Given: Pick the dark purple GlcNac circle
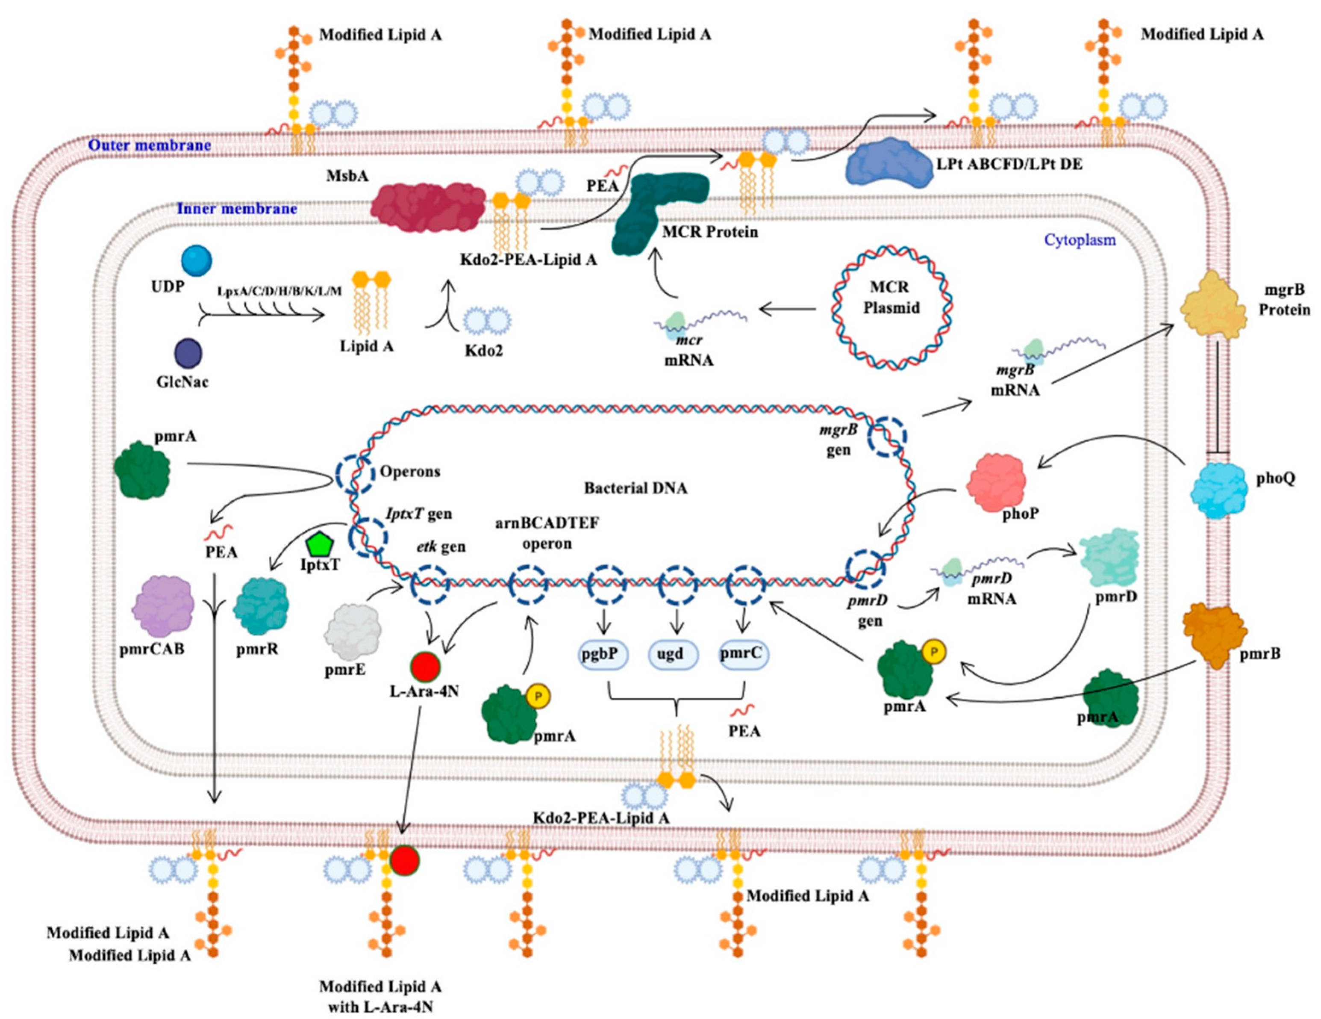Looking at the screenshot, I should click(188, 353).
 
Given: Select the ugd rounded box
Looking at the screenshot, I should click(673, 654).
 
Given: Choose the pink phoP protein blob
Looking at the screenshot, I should click(996, 482).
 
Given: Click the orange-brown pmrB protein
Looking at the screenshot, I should click(1214, 634).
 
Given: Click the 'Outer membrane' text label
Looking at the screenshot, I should click(150, 145).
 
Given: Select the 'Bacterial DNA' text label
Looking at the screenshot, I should click(635, 488).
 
